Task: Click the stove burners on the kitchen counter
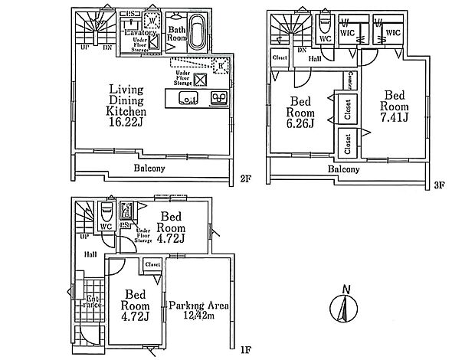pos(218,97)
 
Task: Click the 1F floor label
pos(246,350)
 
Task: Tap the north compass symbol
pos(346,309)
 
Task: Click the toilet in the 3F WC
pos(324,22)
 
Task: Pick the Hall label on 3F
pos(314,57)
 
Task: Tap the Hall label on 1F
pos(90,254)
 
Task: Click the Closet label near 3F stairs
pos(278,57)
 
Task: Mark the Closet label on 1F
pos(152,263)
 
